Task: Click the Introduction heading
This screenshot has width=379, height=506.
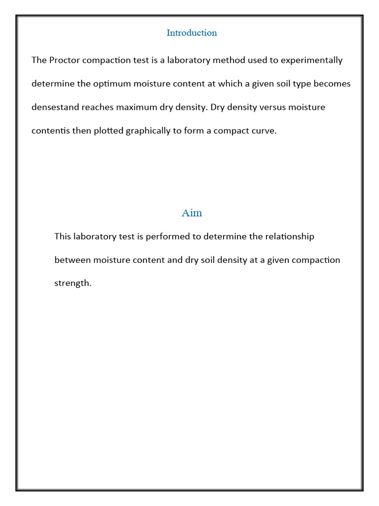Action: (x=191, y=33)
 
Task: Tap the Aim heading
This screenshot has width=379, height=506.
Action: (x=191, y=213)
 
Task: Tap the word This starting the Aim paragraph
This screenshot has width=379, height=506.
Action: (x=63, y=236)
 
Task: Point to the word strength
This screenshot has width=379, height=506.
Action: (x=73, y=284)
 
